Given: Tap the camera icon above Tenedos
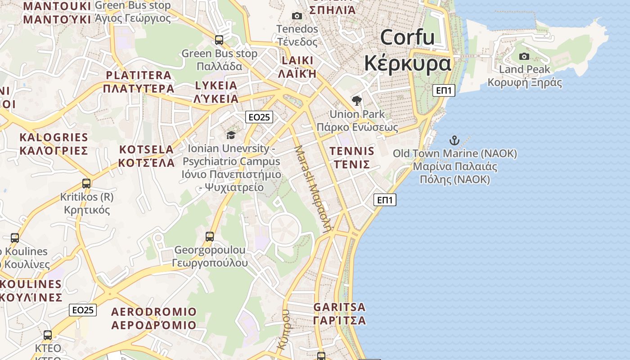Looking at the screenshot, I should [297, 16].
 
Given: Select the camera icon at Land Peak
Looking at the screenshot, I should [524, 56].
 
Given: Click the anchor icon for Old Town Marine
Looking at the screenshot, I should [454, 140].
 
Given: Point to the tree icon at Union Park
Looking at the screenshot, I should [357, 100].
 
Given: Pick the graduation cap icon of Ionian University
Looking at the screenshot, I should [231, 135].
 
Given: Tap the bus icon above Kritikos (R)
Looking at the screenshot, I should [86, 184].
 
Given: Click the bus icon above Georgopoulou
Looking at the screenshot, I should [210, 236].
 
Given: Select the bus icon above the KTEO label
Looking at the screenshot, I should [48, 335].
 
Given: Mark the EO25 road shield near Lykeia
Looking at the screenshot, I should [260, 117].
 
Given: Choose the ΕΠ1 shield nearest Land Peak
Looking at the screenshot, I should [444, 90].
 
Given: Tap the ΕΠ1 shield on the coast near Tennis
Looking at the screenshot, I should [385, 200].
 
